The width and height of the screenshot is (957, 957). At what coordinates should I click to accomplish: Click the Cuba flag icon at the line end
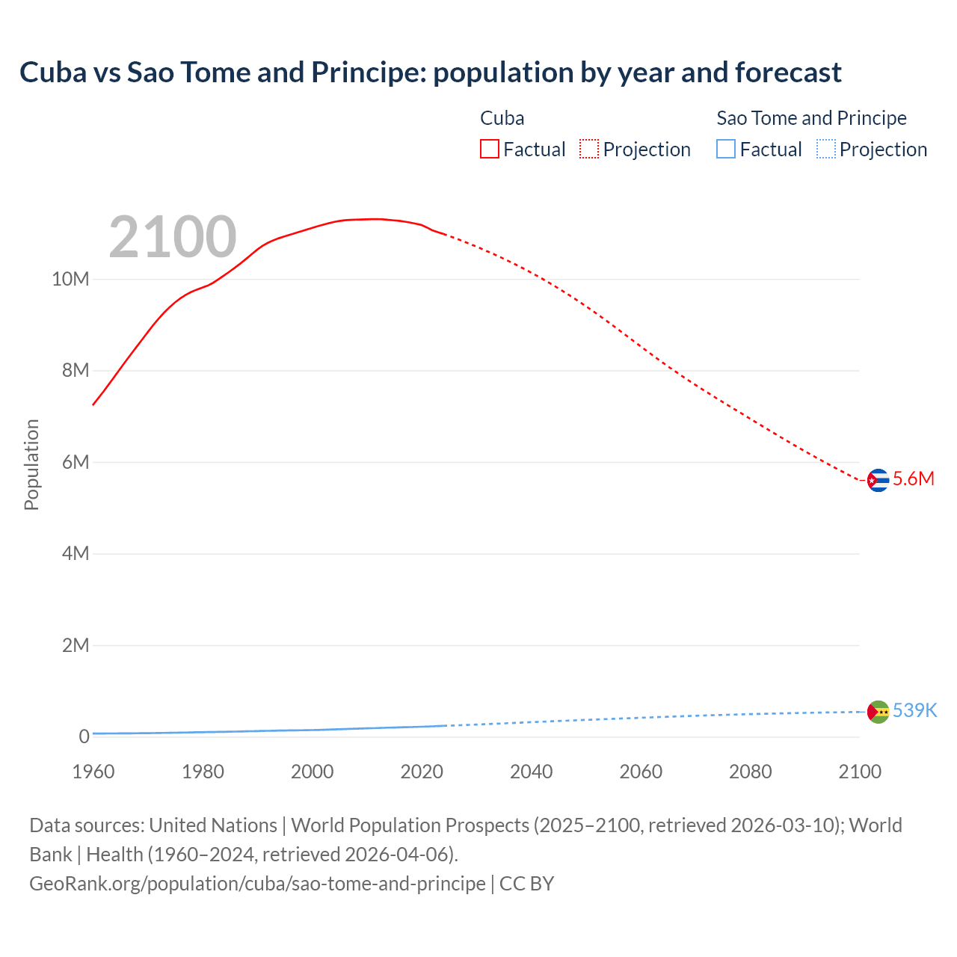pyautogui.click(x=878, y=480)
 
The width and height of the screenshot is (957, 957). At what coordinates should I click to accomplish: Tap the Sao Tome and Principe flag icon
pyautogui.click(x=878, y=711)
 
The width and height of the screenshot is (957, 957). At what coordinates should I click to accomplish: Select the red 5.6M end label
pyautogui.click(x=914, y=479)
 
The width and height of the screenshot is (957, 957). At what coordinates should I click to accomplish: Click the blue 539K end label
pyautogui.click(x=914, y=710)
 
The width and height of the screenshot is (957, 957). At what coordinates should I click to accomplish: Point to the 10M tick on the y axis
pyautogui.click(x=70, y=280)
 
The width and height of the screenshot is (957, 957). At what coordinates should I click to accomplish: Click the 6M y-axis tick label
pyautogui.click(x=75, y=462)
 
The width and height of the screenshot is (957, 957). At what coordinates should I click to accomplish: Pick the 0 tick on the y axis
pyautogui.click(x=84, y=736)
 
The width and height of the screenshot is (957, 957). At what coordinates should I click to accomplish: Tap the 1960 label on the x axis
pyautogui.click(x=93, y=772)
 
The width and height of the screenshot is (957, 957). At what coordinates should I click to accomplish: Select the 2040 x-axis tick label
pyautogui.click(x=531, y=772)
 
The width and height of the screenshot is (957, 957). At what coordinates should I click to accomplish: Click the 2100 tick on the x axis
pyautogui.click(x=860, y=772)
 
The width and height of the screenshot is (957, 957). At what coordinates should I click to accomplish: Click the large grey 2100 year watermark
pyautogui.click(x=173, y=237)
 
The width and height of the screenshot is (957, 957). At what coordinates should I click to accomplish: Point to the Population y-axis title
pyautogui.click(x=31, y=464)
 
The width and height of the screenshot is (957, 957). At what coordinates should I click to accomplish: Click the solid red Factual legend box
pyautogui.click(x=489, y=150)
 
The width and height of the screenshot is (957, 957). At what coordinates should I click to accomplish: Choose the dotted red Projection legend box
pyautogui.click(x=589, y=150)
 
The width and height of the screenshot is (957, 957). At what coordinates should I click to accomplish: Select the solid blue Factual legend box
pyautogui.click(x=726, y=150)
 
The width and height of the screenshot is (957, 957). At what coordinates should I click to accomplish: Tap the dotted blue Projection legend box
pyautogui.click(x=826, y=150)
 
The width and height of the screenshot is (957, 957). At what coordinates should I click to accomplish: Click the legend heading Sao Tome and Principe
pyautogui.click(x=811, y=118)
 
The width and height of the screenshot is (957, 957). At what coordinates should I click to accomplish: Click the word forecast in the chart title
pyautogui.click(x=788, y=73)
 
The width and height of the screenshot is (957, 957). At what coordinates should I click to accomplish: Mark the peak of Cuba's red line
pyautogui.click(x=378, y=218)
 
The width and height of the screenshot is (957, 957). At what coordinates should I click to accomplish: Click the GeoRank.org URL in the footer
pyautogui.click(x=257, y=884)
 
